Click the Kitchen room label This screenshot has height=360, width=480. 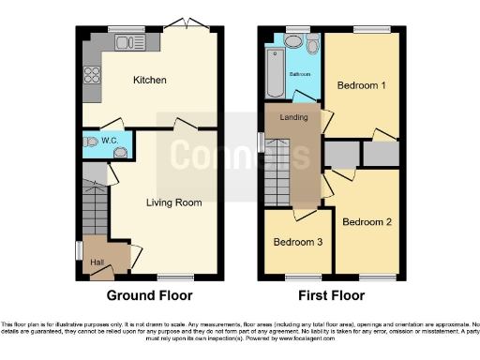pos(150,81)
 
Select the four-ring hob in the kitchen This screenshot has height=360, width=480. pos(93,72)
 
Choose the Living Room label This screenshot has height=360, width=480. pos(174,202)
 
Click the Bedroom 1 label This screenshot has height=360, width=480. pos(360,86)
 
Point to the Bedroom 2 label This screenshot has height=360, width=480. pos(366,222)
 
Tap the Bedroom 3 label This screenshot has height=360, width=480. pos(297,242)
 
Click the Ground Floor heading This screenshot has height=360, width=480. pos(150,295)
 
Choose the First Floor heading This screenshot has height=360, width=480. pos(331,295)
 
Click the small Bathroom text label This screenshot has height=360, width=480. pos(300,73)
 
